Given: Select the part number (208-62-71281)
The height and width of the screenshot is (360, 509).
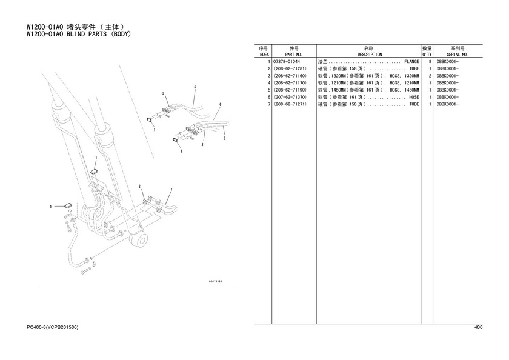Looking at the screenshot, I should tap(290, 69).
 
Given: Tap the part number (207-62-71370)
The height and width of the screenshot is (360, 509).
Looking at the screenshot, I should tap(290, 97).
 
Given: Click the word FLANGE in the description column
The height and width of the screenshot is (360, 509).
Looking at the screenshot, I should tap(411, 62).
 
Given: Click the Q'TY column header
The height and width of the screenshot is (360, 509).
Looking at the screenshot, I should tap(427, 54).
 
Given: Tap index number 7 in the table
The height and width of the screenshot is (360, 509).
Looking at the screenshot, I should tap(268, 104).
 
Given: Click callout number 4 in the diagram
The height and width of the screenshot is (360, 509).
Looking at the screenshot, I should tap(195, 87).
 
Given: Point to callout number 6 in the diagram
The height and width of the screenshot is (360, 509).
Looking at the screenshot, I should tap(220, 104).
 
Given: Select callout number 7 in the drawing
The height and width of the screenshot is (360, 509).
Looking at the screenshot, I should tap(171, 189).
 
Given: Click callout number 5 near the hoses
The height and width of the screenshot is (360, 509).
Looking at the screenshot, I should tap(224, 139).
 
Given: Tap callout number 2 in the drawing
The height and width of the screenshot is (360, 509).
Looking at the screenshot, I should tap(139, 186).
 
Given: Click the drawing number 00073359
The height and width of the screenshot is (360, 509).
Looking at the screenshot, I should tap(215, 282).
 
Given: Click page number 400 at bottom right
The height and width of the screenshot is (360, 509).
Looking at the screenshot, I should tap(478, 327).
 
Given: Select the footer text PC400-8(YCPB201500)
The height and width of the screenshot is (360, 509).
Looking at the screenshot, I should tap(52, 327).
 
